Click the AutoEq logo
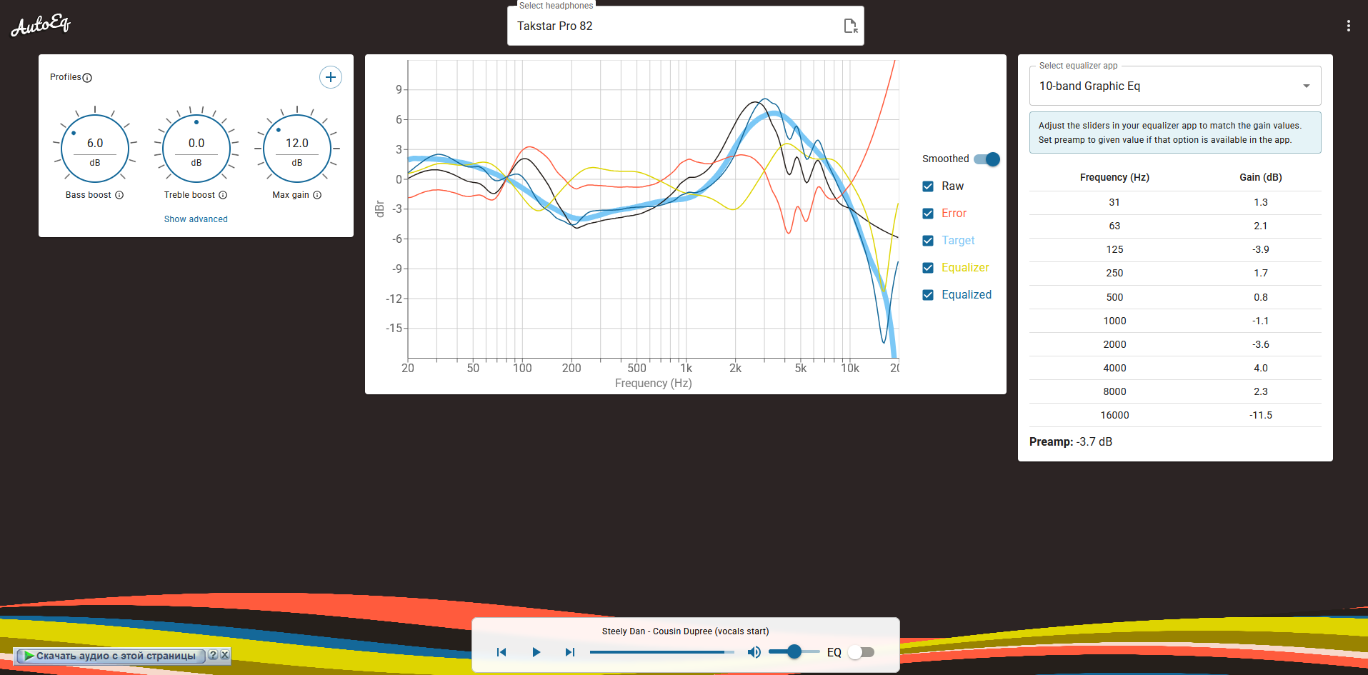point(41,26)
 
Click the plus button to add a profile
point(330,77)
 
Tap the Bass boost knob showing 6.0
point(95,149)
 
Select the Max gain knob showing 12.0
point(297,149)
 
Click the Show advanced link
point(196,219)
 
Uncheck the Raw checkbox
point(928,186)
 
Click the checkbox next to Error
point(928,214)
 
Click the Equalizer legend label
point(965,268)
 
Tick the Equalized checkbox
point(928,295)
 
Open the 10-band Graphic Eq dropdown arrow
point(1306,86)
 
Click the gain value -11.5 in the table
point(1260,415)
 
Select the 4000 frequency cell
point(1114,368)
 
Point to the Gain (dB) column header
point(1260,177)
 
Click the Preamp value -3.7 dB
point(1094,441)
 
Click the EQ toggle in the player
point(861,652)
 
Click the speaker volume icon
point(754,652)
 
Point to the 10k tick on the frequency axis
point(849,368)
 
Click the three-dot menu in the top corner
point(1348,26)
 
